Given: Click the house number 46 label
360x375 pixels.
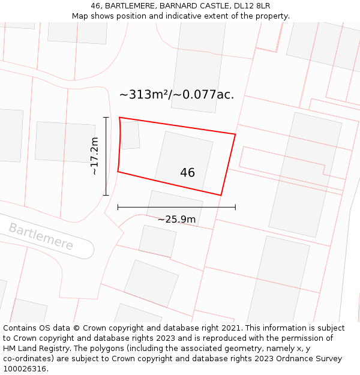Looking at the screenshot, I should tap(187, 173).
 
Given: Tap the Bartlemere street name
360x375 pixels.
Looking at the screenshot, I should tap(41, 236).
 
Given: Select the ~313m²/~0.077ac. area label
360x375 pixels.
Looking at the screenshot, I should tap(176, 94).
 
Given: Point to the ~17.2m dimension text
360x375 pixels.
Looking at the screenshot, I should tap(94, 156).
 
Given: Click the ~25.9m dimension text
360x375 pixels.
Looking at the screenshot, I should tap(176, 220).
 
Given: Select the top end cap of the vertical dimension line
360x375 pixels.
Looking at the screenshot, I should tap(106, 117).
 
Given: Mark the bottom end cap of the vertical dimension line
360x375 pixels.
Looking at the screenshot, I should tap(106, 195).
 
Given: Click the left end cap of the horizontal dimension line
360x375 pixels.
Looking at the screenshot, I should tap(118, 207).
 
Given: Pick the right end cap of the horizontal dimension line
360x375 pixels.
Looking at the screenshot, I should tap(235, 207).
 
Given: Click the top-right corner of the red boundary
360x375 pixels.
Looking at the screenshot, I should tap(235, 134).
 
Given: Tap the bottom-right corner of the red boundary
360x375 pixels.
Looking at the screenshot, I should tap(221, 195).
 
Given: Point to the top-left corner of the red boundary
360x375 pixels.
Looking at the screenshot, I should tap(119, 118).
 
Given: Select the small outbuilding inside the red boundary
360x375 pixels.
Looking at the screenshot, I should tap(130, 135).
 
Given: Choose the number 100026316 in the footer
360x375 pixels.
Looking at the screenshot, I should tap(25, 369).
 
